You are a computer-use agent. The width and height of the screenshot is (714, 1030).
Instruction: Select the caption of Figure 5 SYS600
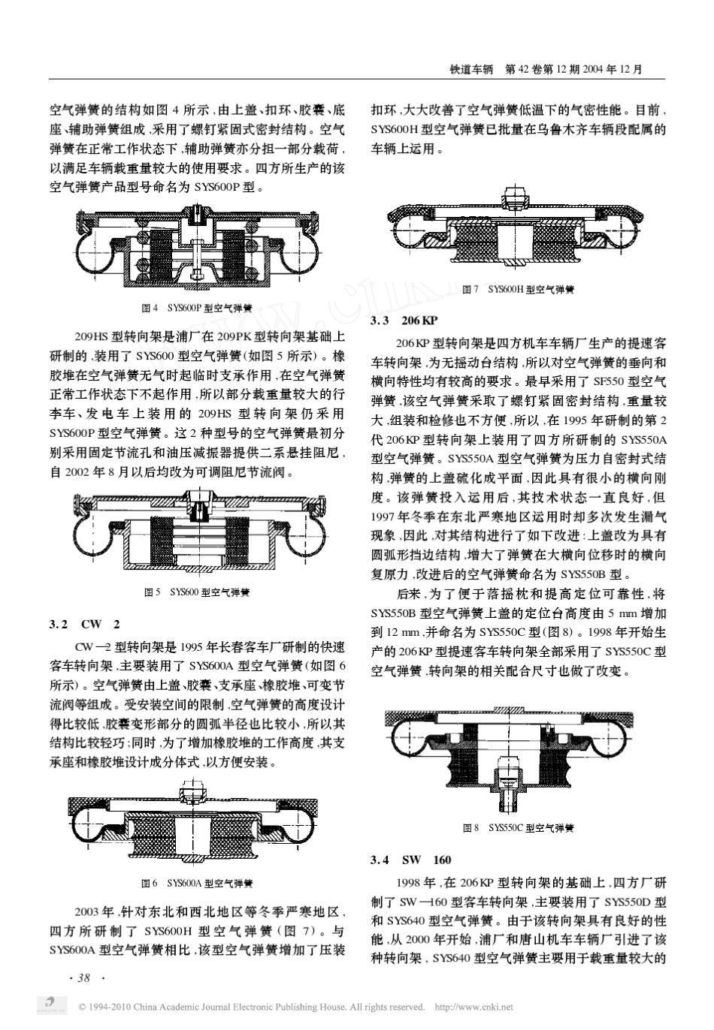[x=197, y=592]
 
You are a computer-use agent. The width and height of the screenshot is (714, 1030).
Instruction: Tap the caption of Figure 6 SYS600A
[x=198, y=884]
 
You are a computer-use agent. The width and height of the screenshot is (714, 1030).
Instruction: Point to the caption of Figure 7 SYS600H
[x=518, y=290]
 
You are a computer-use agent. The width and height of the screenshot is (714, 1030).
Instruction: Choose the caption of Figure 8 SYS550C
[x=518, y=828]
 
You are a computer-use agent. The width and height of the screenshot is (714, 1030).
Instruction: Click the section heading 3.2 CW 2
[x=85, y=624]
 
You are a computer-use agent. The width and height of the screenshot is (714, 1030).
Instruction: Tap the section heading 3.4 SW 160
[x=411, y=860]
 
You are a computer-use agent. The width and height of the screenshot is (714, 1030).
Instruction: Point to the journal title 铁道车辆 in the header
[x=470, y=69]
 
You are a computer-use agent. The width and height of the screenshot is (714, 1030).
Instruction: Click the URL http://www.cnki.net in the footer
[x=474, y=1007]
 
